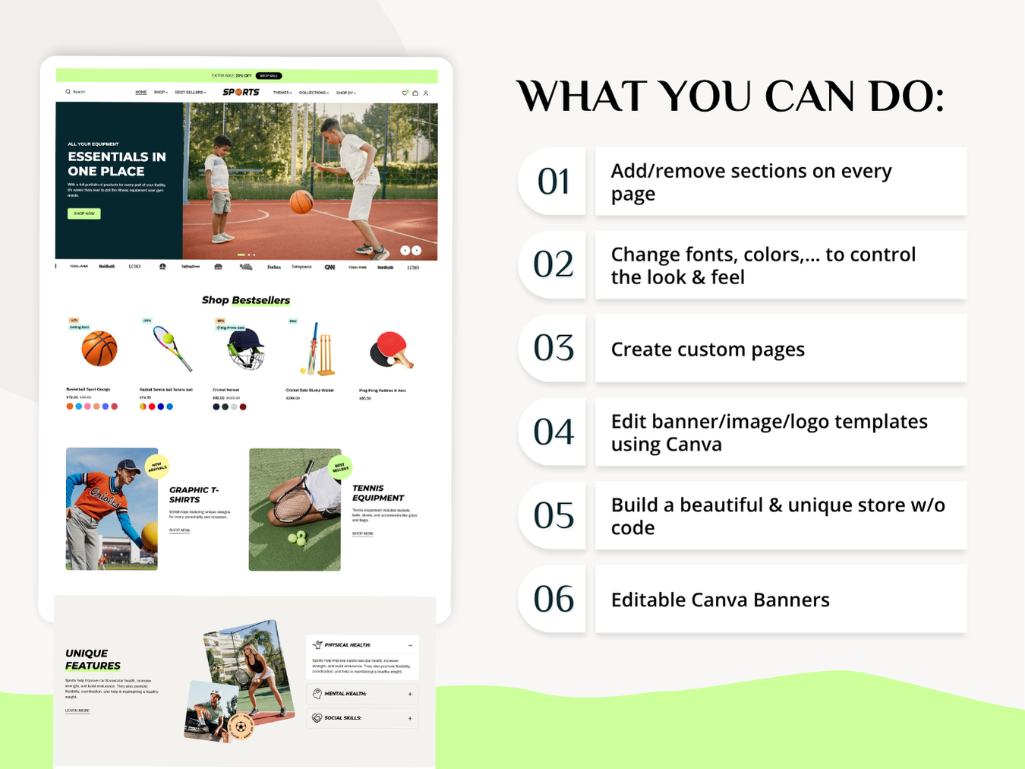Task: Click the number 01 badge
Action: [x=553, y=182]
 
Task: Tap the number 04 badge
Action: [x=553, y=432]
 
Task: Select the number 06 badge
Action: [x=553, y=599]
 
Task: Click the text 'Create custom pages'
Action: [x=708, y=350]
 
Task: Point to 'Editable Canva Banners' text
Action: [x=720, y=600]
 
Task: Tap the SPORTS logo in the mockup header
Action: [x=241, y=92]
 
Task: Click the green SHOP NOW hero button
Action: [x=84, y=214]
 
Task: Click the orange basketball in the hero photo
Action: [x=301, y=201]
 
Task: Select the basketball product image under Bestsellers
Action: [x=99, y=349]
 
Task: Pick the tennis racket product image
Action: [x=172, y=348]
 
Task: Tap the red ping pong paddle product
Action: [x=391, y=350]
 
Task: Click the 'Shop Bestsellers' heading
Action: [x=245, y=300]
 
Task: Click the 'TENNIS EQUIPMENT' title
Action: [x=377, y=493]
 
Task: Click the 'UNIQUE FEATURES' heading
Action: [x=92, y=660]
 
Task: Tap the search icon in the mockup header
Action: [x=68, y=92]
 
